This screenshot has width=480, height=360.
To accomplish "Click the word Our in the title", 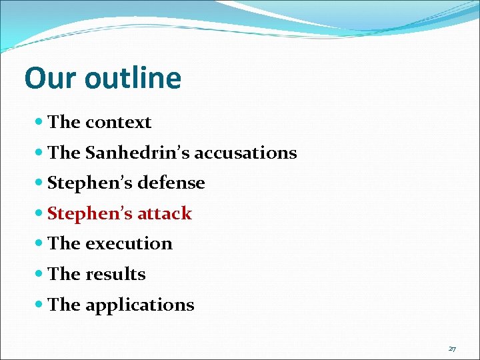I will tap(51, 78).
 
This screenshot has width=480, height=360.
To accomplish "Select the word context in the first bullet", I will tap(118, 122).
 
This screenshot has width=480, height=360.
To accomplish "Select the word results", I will tap(115, 274).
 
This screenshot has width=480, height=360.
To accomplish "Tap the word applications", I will tap(139, 305).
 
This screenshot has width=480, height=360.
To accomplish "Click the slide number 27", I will tap(452, 349).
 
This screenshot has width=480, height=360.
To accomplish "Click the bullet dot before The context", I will tap(39, 123).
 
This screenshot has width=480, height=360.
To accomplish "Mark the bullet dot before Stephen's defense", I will tap(39, 183).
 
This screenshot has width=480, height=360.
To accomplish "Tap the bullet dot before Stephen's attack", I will tap(39, 214).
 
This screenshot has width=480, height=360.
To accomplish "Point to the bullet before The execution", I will tap(39, 244).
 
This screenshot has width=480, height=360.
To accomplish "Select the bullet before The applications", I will tap(39, 305).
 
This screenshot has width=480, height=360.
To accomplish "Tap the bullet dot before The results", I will tap(39, 275).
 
